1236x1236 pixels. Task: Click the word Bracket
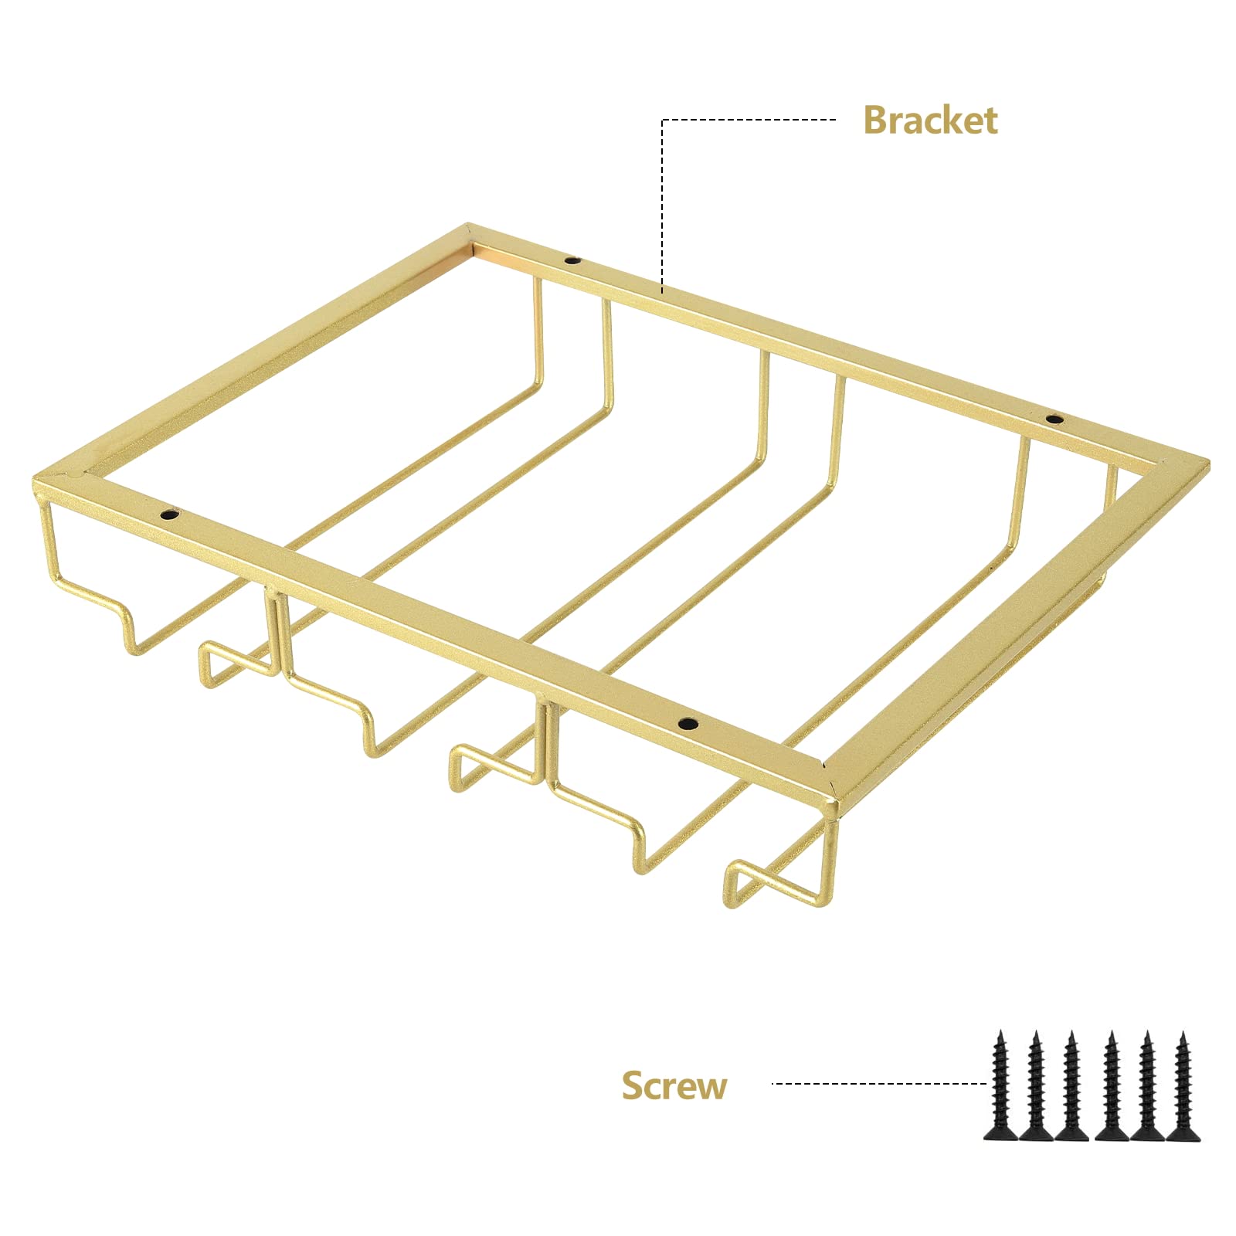tap(930, 121)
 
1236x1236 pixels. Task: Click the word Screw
tap(674, 1085)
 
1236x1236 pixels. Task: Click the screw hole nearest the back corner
tap(572, 260)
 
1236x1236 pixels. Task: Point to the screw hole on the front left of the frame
tap(168, 513)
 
